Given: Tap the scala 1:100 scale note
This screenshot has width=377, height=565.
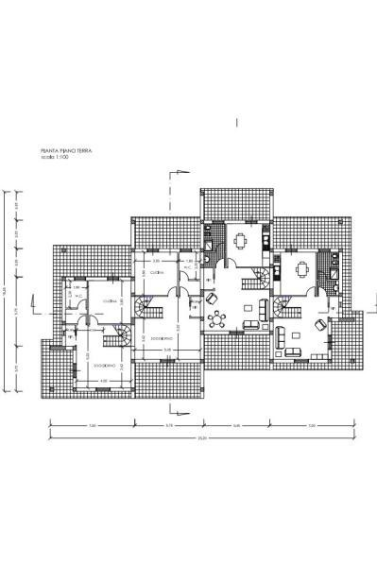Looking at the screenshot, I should [56, 156].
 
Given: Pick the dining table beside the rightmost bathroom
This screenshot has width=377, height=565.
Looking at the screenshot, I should [300, 268].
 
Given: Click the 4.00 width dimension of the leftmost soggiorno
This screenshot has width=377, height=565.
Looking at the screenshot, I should [104, 381].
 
